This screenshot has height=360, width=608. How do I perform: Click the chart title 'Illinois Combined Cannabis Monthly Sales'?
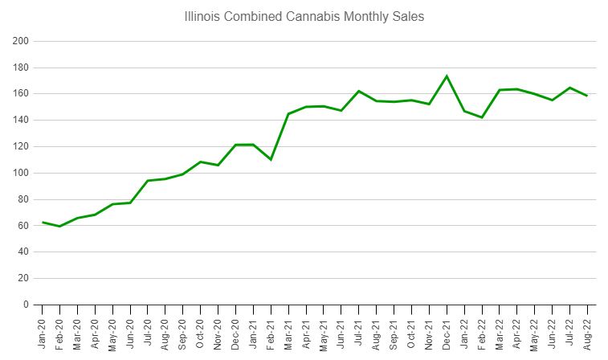[304, 16]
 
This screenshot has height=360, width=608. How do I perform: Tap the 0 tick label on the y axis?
[26, 305]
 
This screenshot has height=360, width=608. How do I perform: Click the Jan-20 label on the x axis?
[43, 330]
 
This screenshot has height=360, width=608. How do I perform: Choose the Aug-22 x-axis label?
[587, 330]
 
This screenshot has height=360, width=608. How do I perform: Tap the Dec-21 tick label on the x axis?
[447, 330]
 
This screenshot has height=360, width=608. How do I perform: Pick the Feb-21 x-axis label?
[271, 330]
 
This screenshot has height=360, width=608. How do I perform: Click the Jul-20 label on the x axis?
[148, 330]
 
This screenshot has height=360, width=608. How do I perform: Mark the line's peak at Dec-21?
[447, 76]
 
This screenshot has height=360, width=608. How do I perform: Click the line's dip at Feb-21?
[271, 160]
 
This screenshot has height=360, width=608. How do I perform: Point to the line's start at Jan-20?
[43, 222]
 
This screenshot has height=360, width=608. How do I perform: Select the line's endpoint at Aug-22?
[587, 96]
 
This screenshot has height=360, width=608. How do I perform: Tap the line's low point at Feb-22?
[482, 117]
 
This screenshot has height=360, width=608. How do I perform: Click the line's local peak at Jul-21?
[359, 91]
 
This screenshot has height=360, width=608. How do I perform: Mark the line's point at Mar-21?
[288, 114]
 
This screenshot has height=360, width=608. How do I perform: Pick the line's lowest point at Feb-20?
[60, 227]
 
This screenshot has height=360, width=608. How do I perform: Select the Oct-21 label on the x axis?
[411, 330]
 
